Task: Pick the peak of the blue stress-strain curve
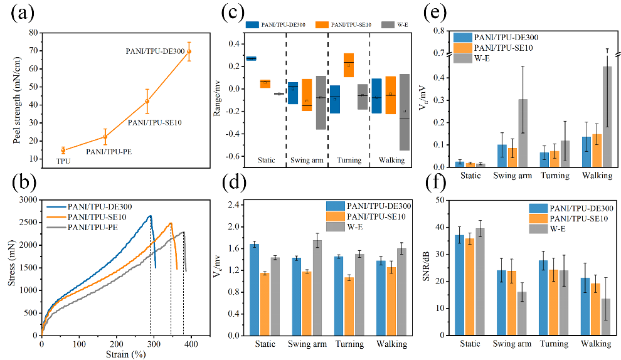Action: coord(150,216)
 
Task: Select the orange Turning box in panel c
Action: coord(349,65)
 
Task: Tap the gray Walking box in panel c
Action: coord(404,112)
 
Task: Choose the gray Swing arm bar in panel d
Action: coord(317,288)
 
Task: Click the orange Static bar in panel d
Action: coord(265,304)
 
